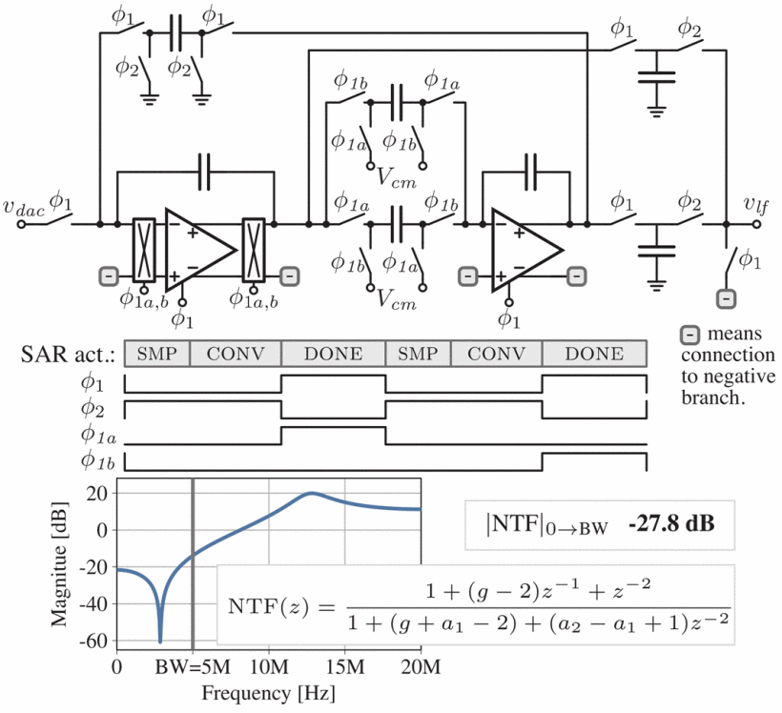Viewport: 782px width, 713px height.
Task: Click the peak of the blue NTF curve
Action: coord(311,494)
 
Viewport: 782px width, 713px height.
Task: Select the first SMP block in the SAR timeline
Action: coord(157,354)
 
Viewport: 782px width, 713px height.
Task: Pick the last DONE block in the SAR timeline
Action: coord(594,354)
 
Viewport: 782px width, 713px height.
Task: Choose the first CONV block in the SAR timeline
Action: coord(236,354)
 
